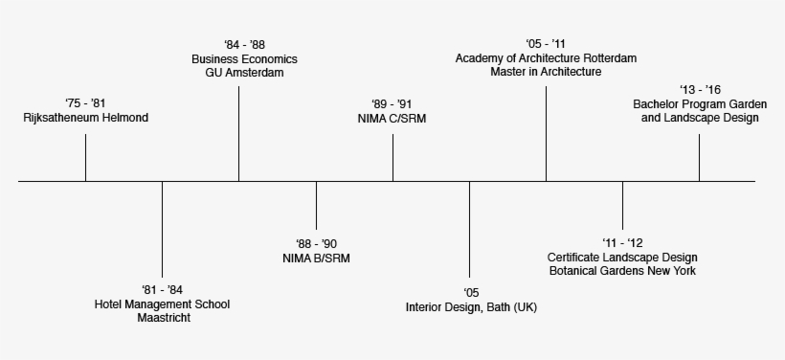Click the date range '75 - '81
(85, 103)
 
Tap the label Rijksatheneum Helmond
(86, 118)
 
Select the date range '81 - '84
(162, 290)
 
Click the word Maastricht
(163, 319)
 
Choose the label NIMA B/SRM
(316, 258)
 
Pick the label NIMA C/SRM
(392, 118)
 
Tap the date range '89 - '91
(392, 103)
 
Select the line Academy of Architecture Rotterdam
(546, 58)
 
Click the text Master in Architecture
(546, 73)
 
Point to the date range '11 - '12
(622, 243)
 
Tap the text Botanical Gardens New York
(622, 272)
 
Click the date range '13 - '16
(699, 89)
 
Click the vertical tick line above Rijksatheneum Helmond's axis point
(86, 157)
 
